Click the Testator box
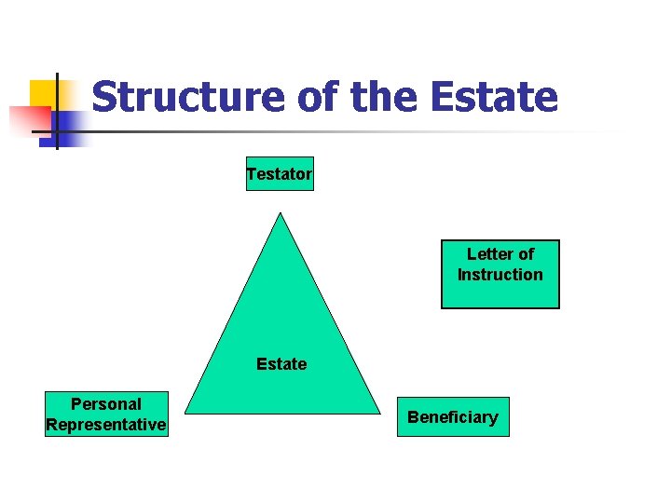click(x=280, y=173)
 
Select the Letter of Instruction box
click(x=500, y=274)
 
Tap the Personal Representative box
click(x=106, y=415)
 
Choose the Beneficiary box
click(x=452, y=417)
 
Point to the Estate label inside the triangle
click(x=281, y=364)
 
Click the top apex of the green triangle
click(x=281, y=215)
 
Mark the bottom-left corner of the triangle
click(x=187, y=411)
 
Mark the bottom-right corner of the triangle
click(x=377, y=411)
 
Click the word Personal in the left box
click(x=106, y=404)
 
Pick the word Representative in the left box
click(x=106, y=426)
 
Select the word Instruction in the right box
click(x=500, y=275)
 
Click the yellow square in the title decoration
click(x=42, y=93)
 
